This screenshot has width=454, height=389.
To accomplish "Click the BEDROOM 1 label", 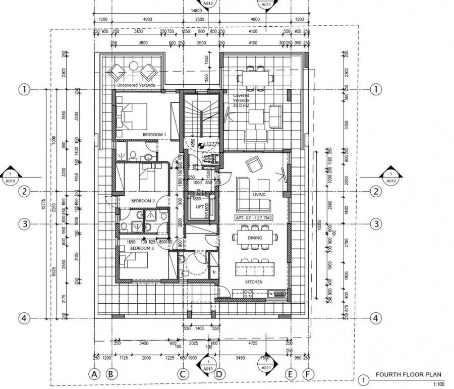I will [154, 135].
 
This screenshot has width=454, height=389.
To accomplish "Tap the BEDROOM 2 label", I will [143, 201].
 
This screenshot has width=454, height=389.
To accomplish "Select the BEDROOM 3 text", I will [141, 249].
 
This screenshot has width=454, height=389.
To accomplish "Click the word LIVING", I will [259, 194].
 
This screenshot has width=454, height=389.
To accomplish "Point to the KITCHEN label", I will [253, 282].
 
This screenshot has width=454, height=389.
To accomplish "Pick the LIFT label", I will [199, 206].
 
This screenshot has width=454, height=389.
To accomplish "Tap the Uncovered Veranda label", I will [135, 86].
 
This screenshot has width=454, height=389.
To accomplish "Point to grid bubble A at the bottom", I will [93, 374].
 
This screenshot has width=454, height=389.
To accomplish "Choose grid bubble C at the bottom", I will [184, 374].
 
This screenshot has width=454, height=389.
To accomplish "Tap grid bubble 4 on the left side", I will [23, 318].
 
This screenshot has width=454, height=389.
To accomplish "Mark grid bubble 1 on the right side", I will [375, 89].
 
